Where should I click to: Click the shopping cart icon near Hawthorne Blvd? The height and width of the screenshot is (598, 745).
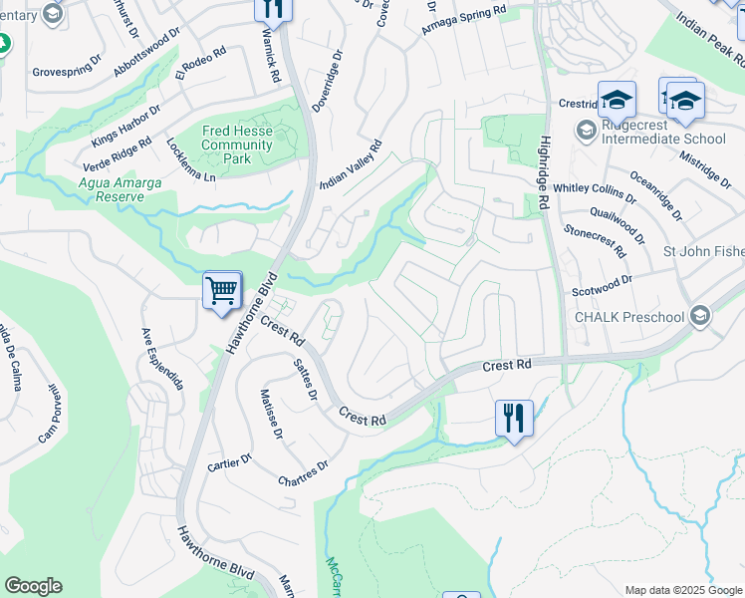(222, 291)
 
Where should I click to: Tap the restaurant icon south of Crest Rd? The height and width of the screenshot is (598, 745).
(514, 417)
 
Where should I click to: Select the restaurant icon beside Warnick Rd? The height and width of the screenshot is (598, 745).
(271, 8)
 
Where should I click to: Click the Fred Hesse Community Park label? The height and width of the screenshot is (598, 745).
(237, 145)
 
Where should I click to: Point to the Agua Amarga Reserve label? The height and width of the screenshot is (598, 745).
(113, 189)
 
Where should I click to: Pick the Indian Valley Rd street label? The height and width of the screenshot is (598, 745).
(351, 165)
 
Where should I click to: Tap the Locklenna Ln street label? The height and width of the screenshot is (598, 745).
(192, 159)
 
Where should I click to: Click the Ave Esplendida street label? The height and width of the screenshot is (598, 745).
(162, 357)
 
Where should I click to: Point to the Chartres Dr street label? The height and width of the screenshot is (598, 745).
(304, 472)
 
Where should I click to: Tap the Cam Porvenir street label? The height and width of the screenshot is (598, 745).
(56, 414)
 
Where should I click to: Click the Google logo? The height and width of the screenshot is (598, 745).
(33, 586)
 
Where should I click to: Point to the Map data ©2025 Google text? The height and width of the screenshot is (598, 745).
(681, 590)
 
